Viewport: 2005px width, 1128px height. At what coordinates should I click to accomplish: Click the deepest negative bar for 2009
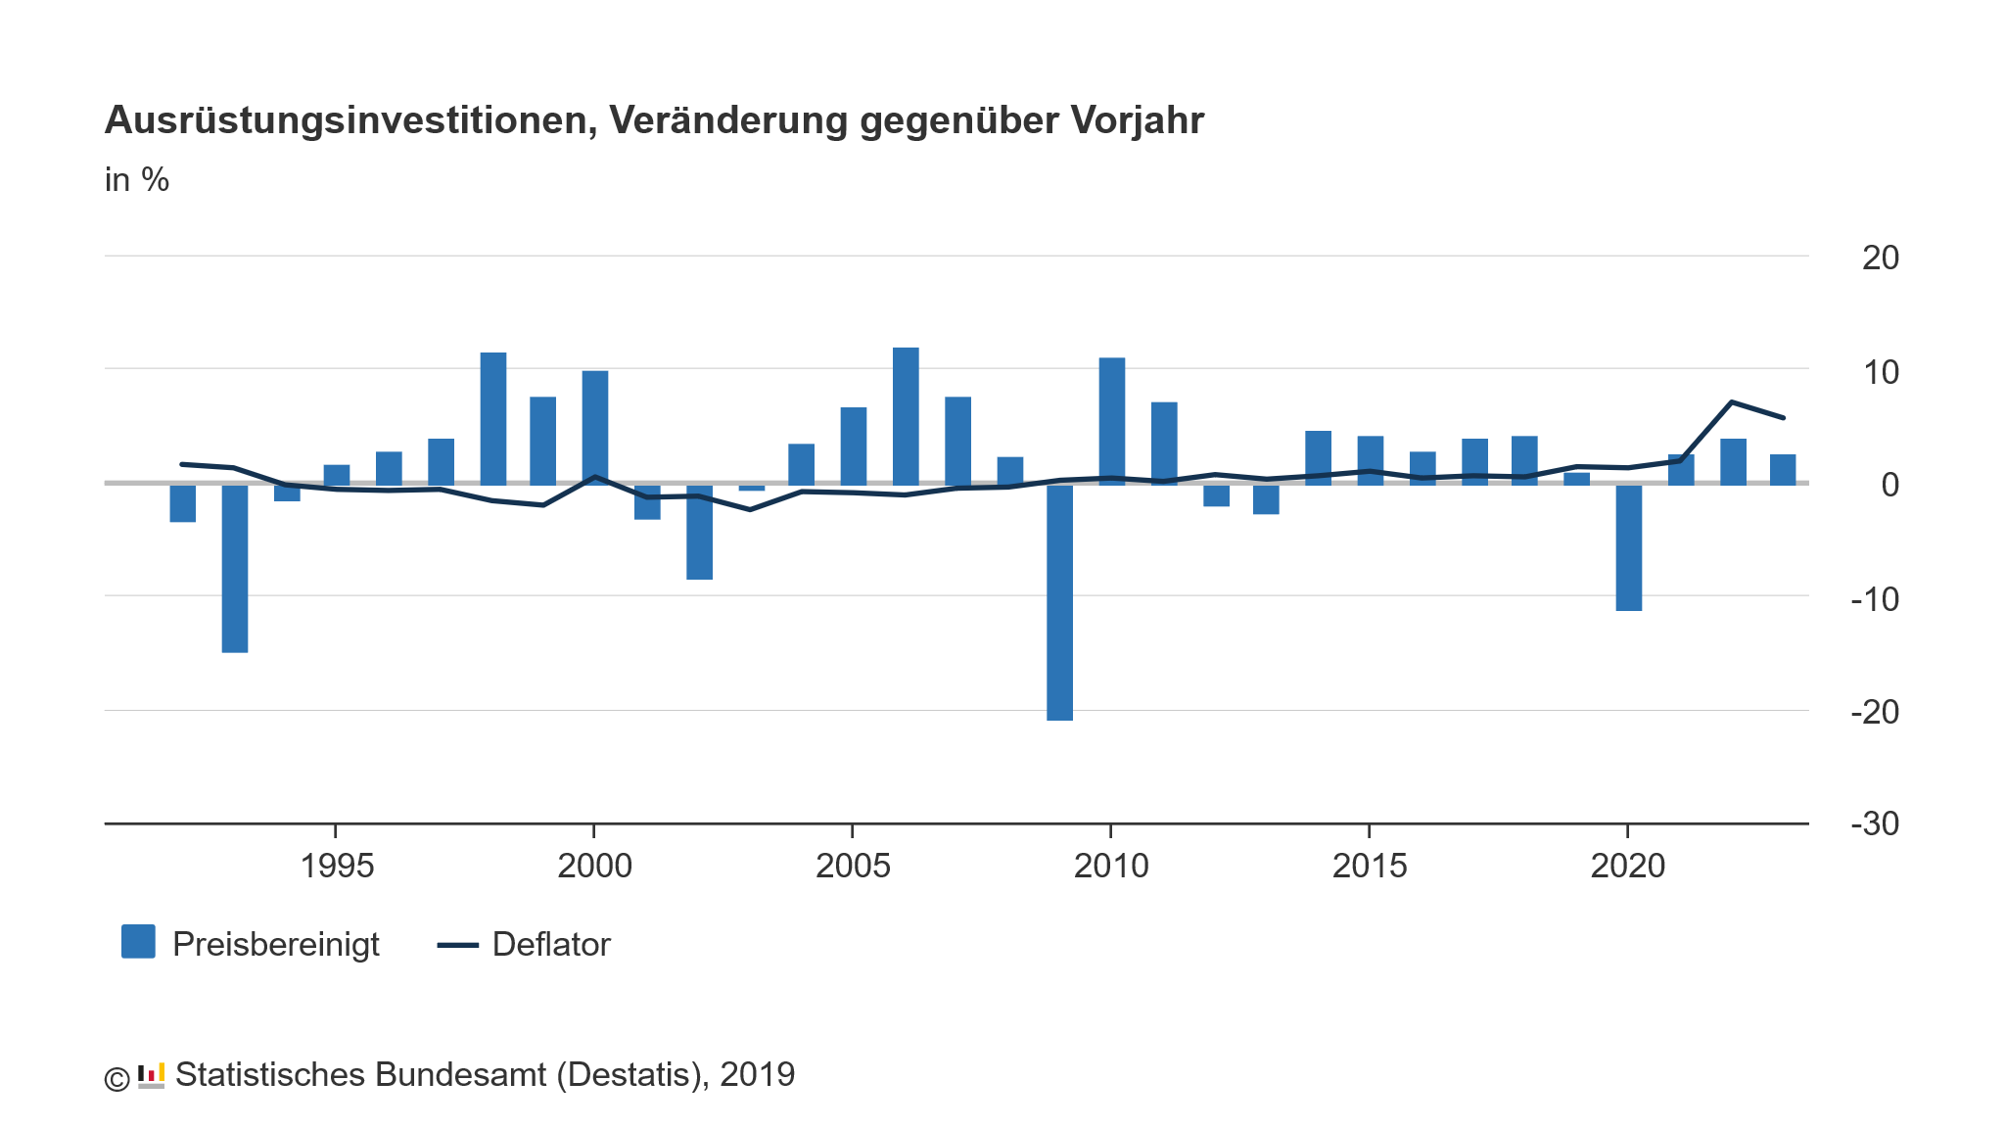pyautogui.click(x=1059, y=602)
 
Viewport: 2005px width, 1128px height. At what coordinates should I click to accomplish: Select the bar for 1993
pyautogui.click(x=235, y=568)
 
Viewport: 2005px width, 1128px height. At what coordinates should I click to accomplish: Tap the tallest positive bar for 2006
pyautogui.click(x=906, y=416)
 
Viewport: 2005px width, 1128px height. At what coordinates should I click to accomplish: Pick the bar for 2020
pyautogui.click(x=1628, y=547)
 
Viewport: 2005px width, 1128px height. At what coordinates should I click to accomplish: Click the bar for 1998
pyautogui.click(x=493, y=418)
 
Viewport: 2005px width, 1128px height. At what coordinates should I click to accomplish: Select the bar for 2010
pyautogui.click(x=1111, y=421)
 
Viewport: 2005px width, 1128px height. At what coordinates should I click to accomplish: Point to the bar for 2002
pyautogui.click(x=699, y=532)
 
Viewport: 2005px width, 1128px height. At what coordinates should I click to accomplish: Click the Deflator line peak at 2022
pyautogui.click(x=1732, y=402)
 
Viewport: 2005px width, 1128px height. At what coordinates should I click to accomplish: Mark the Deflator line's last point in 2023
pyautogui.click(x=1783, y=418)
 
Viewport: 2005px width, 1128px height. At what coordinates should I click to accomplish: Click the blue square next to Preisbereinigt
pyautogui.click(x=138, y=941)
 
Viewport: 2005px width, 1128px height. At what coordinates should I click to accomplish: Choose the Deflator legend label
pyautogui.click(x=551, y=945)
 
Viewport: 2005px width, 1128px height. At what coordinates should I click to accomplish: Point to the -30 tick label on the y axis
pyautogui.click(x=1874, y=824)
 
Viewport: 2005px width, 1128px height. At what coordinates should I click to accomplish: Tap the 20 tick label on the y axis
pyautogui.click(x=1880, y=258)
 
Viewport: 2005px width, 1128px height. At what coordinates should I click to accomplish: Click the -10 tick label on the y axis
pyautogui.click(x=1874, y=598)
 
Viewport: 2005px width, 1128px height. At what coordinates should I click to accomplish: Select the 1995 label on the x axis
pyautogui.click(x=337, y=867)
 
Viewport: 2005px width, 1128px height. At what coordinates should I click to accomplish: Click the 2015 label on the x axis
pyautogui.click(x=1369, y=867)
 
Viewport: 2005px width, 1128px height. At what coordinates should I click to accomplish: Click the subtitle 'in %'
pyautogui.click(x=137, y=180)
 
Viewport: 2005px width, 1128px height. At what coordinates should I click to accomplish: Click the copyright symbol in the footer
pyautogui.click(x=117, y=1079)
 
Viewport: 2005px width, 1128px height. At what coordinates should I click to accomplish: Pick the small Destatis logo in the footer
pyautogui.click(x=151, y=1075)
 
